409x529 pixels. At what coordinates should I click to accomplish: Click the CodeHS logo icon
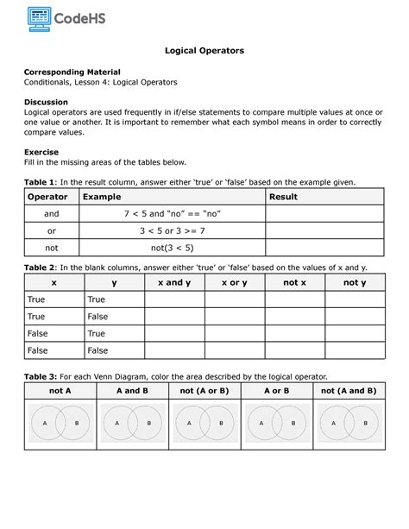[x=37, y=16]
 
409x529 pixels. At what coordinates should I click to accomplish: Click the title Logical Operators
[x=204, y=51]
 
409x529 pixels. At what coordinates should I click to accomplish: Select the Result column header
[x=284, y=197]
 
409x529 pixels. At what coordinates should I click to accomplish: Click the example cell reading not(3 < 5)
[x=171, y=246]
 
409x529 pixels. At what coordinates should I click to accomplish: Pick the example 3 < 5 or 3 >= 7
[x=171, y=230]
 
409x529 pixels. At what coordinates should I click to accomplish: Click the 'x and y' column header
[x=173, y=282]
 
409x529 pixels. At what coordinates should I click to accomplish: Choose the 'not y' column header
[x=355, y=282]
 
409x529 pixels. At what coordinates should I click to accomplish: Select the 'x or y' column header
[x=234, y=282]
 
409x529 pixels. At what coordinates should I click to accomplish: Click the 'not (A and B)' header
[x=349, y=390]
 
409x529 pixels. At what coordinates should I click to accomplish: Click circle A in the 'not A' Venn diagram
[x=47, y=424]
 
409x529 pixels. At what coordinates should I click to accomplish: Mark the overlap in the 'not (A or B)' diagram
[x=204, y=424]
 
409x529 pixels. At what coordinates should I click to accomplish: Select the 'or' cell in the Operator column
[x=52, y=230]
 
